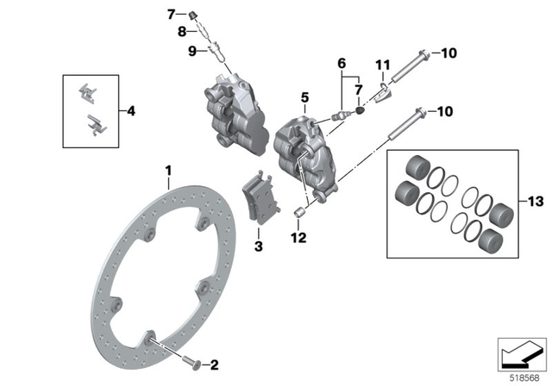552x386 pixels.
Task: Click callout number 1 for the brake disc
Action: point(169,171)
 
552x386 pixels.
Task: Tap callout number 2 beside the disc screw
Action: point(215,364)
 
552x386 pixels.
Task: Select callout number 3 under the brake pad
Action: point(256,248)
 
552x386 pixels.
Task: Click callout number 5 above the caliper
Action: point(304,98)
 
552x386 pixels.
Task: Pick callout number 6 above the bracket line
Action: point(342,63)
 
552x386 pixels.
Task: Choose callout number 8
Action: point(182,32)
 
